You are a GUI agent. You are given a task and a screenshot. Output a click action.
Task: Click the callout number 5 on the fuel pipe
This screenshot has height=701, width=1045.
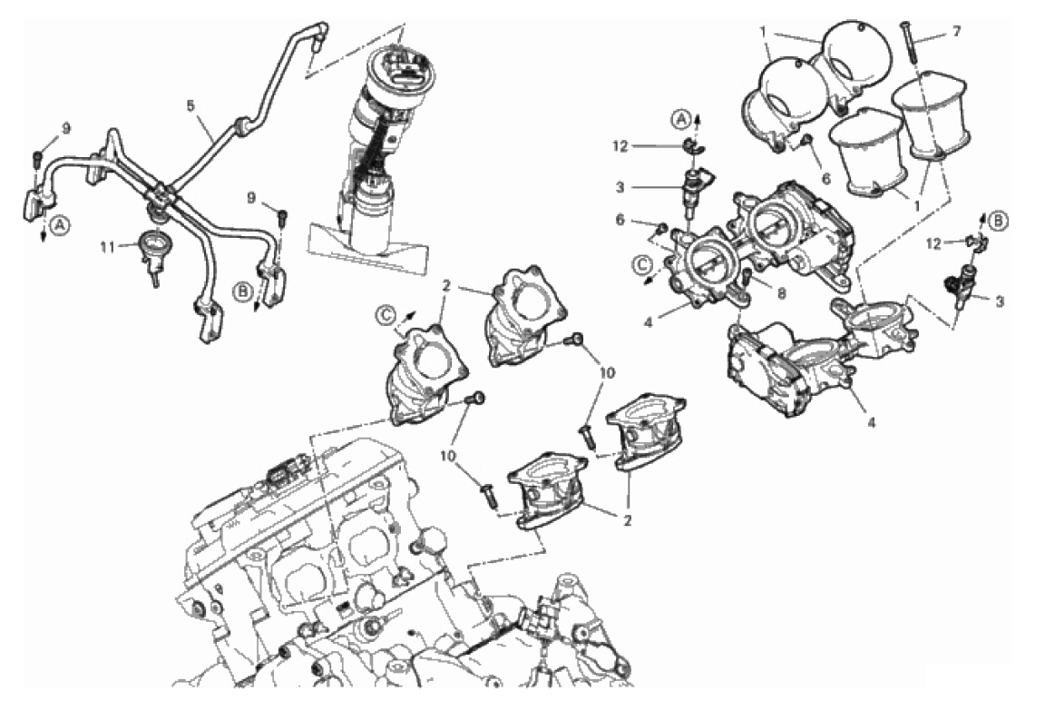tap(190, 105)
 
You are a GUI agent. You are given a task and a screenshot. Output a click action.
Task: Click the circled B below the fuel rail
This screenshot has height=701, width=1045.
tap(241, 291)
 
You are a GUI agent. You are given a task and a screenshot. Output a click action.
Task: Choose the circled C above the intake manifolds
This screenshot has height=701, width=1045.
tap(386, 316)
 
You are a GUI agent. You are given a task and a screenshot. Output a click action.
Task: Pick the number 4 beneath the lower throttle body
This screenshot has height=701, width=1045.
tap(870, 422)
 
